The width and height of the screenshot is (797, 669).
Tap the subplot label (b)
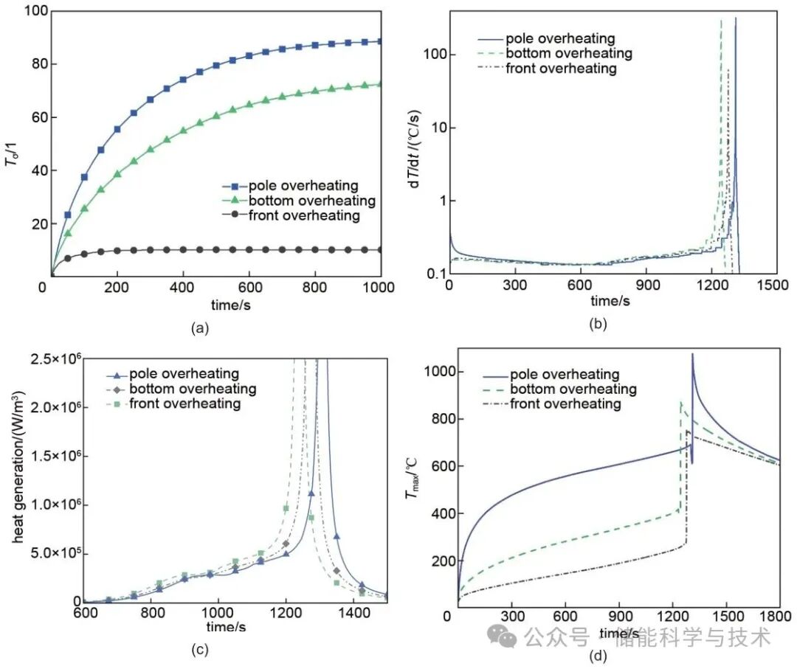(x=596, y=322)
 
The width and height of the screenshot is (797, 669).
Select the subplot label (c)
(x=199, y=650)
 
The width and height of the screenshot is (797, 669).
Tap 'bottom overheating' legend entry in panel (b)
(x=568, y=53)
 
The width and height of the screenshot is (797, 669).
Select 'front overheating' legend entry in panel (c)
(x=184, y=403)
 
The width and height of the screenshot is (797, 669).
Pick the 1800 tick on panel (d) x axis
(x=779, y=614)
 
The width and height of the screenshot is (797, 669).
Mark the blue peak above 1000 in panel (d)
(x=692, y=355)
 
